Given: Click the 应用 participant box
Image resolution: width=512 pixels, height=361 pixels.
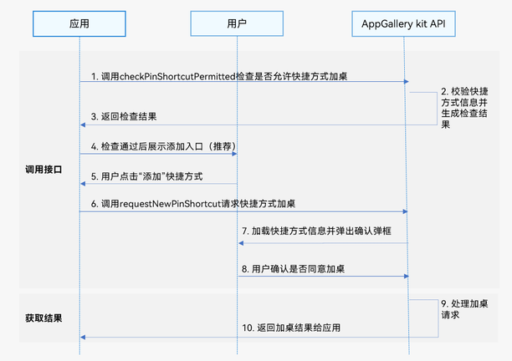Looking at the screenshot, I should click(x=80, y=24).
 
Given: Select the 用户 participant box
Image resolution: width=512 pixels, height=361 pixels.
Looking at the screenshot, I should click(x=237, y=24).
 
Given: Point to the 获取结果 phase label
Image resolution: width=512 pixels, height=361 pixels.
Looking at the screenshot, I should click(x=44, y=318).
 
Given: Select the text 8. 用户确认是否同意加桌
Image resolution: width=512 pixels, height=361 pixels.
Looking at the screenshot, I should click(x=294, y=269).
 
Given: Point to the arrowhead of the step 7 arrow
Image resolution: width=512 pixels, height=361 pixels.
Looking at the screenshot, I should click(x=241, y=243).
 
